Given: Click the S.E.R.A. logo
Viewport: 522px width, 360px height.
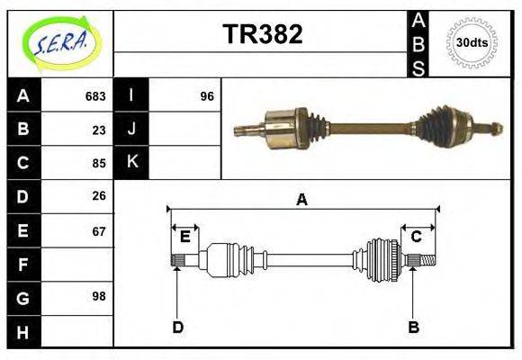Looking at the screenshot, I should pyautogui.click(x=60, y=42).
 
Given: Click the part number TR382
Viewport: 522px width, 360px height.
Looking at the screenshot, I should pyautogui.click(x=262, y=34).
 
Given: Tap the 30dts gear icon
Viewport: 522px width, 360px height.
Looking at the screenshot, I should pyautogui.click(x=472, y=42).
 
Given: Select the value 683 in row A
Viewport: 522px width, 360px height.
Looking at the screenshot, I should pyautogui.click(x=95, y=96).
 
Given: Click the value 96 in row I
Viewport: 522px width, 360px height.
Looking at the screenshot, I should pyautogui.click(x=207, y=96).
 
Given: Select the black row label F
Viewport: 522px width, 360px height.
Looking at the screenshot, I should pyautogui.click(x=23, y=264).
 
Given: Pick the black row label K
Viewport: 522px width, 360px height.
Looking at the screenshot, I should pyautogui.click(x=131, y=163).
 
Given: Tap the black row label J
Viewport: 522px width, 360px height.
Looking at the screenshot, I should pyautogui.click(x=131, y=130).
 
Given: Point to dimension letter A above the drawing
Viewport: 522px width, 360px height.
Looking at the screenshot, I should pyautogui.click(x=302, y=200).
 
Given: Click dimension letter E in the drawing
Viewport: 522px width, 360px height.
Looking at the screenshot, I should pyautogui.click(x=184, y=237).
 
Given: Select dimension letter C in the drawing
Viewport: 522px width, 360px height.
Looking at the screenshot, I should pyautogui.click(x=417, y=237).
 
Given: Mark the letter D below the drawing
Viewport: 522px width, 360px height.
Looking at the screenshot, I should pyautogui.click(x=178, y=327).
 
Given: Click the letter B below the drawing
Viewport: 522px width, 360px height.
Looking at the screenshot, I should pyautogui.click(x=414, y=327).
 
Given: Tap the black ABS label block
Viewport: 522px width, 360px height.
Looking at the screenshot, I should pyautogui.click(x=418, y=43).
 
